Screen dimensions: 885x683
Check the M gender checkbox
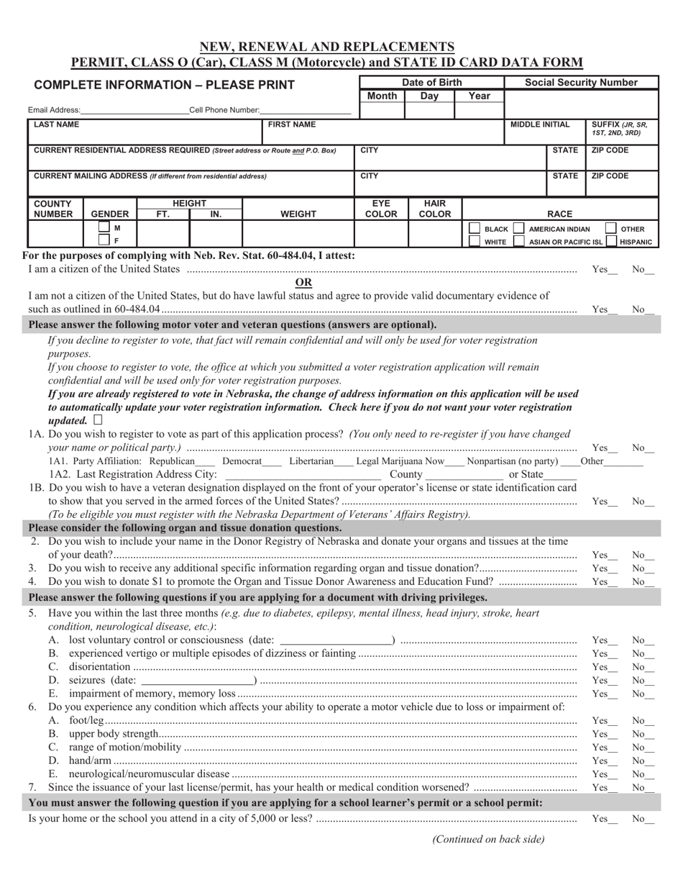click(104, 229)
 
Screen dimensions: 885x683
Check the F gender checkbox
click(104, 241)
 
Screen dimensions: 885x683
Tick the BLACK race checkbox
click(475, 229)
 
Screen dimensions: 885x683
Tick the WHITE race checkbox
click(475, 242)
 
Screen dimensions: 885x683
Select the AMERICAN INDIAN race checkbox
click(518, 229)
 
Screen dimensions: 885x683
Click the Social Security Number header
click(581, 83)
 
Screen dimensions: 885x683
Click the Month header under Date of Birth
click(381, 96)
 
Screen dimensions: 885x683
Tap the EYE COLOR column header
click(381, 209)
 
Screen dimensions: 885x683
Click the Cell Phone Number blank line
click(306, 111)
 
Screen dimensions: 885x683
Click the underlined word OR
click(303, 282)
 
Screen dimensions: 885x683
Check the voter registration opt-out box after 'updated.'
click(98, 419)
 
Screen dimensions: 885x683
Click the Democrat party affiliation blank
click(272, 461)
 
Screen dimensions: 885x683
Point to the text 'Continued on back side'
click(488, 839)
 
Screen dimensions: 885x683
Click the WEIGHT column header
click(298, 214)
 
